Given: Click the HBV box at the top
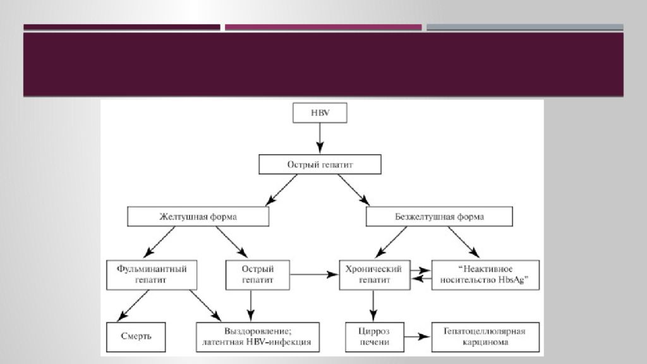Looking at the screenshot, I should pos(319,112).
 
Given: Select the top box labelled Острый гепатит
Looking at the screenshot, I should pos(320,165).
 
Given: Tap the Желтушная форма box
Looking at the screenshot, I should pos(198,217).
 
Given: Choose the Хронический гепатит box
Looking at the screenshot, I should pos(375,274).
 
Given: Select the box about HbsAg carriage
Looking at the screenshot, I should pos(485,274).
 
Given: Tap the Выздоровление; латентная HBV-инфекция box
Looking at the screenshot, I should pos(258,337).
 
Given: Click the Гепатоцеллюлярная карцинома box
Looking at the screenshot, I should pos(485,337).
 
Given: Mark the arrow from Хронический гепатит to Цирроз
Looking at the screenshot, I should pos(374,306).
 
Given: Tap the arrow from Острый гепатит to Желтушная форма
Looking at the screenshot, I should pos(281,190).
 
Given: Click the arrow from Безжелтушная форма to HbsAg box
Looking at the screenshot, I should pos(464,243).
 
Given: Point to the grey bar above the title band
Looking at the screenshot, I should pos(524,27).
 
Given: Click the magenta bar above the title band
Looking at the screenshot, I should pos(323,27).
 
